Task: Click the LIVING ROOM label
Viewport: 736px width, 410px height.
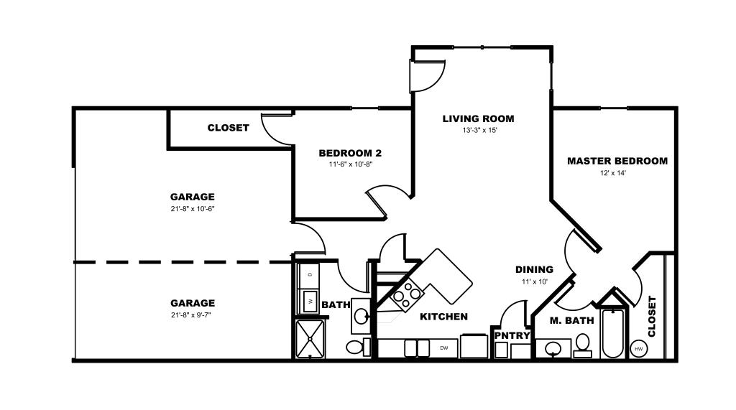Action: coord(478,118)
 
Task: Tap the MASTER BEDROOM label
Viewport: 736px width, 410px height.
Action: coord(617,161)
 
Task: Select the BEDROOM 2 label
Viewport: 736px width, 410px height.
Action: coord(350,153)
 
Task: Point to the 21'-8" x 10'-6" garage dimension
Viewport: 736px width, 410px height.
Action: coord(193,209)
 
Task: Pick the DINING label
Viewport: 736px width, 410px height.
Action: coord(534,269)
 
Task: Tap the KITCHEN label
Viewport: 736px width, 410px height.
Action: coord(443,317)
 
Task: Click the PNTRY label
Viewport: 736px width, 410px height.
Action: coord(512,335)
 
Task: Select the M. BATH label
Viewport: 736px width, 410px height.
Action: coord(571,320)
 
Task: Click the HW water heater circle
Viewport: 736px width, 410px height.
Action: coord(638,348)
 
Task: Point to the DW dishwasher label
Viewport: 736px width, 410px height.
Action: coord(443,348)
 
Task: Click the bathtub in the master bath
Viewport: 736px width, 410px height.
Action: coord(612,333)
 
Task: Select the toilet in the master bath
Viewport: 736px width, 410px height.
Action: coord(583,346)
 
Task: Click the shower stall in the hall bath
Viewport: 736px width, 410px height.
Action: coord(310,339)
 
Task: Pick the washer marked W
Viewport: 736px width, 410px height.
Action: coord(309,301)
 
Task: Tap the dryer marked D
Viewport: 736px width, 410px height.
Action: coord(309,274)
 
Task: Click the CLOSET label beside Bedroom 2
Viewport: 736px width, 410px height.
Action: coord(228,128)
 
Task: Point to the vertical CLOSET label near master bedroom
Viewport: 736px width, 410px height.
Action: coord(652,316)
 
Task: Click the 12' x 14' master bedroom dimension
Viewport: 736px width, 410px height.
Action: coord(613,172)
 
